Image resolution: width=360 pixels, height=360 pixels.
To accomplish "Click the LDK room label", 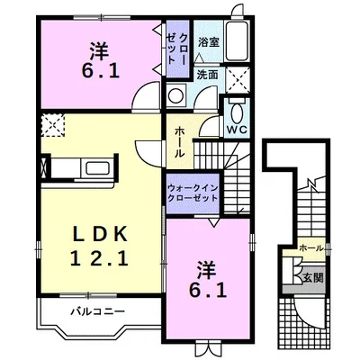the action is (x=101, y=234).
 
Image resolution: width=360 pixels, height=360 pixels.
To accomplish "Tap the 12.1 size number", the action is (x=100, y=258).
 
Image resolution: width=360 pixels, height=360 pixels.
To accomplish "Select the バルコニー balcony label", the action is (x=98, y=311).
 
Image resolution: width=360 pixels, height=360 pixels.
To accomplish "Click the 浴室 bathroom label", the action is (x=209, y=42).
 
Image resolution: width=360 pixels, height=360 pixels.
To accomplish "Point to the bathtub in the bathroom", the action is (x=237, y=41).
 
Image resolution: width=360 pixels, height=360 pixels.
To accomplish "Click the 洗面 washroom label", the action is (x=207, y=75).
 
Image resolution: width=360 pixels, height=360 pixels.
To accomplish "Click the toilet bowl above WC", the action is (x=236, y=112).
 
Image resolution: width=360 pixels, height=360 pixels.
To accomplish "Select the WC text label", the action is (x=237, y=130).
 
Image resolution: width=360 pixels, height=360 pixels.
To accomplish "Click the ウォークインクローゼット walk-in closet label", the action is (x=193, y=193).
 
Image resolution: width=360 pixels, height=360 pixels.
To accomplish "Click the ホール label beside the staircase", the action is (x=179, y=142).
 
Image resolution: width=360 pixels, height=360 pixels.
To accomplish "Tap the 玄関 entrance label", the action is (x=312, y=278).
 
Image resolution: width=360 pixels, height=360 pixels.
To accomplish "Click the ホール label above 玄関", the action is (x=311, y=248).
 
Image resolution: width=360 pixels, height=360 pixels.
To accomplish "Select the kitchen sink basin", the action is (x=99, y=167).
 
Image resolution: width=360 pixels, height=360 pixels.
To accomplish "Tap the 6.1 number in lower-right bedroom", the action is (x=208, y=290).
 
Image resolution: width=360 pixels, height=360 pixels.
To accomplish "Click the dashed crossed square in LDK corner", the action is (x=53, y=125).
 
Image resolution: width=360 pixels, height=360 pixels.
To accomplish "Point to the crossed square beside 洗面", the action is (x=238, y=80).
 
